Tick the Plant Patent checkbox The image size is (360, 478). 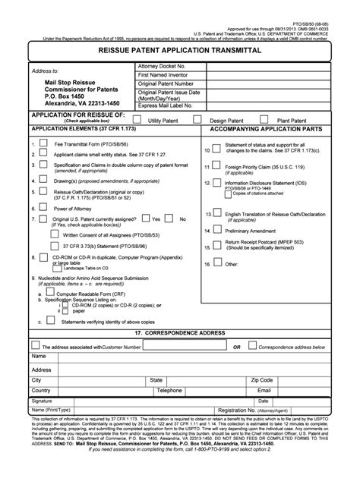pyautogui.click(x=264, y=118)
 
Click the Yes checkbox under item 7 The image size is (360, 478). pyautogui.click(x=145, y=219)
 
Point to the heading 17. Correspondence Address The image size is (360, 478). pyautogui.click(x=181, y=333)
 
